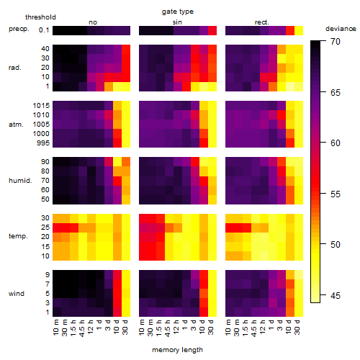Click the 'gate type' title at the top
[178, 12]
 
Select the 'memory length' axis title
[177, 350]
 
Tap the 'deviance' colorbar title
[341, 29]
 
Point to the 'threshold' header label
[40, 17]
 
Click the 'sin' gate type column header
[177, 22]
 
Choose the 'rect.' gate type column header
[261, 22]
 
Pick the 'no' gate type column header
[93, 22]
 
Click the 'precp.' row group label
[19, 29]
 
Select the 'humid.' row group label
[20, 181]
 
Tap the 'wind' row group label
[17, 294]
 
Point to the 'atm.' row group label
[16, 125]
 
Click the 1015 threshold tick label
[41, 106]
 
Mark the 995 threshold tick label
[43, 143]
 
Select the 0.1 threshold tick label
[44, 30]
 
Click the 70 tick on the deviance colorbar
[336, 42]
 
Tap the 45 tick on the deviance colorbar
[336, 296]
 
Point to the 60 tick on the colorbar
[336, 143]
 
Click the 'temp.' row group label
[18, 236]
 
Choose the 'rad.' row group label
[15, 68]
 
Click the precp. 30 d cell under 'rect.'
[299, 31]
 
